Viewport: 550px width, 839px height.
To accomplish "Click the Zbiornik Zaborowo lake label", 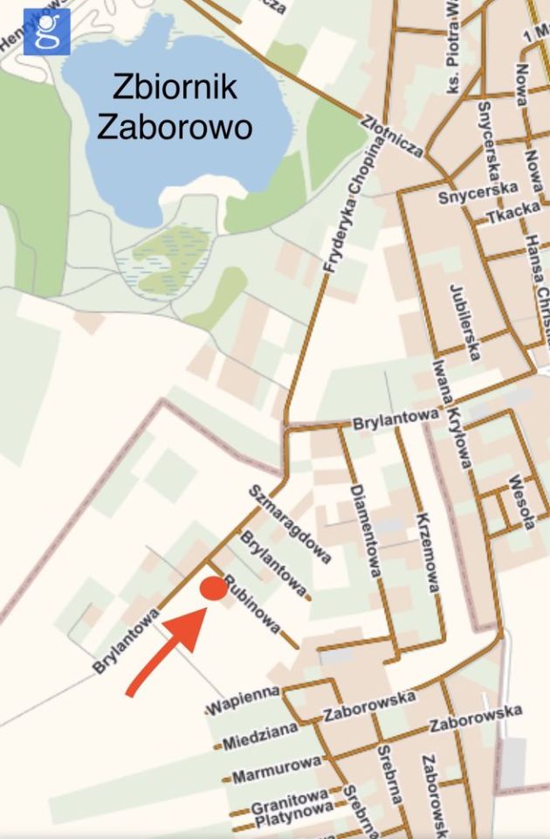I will tap(175, 107).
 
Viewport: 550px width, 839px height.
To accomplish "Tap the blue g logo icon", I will tap(46, 31).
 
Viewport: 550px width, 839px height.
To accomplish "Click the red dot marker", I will tap(213, 589).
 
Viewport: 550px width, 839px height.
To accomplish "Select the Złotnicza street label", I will tap(392, 135).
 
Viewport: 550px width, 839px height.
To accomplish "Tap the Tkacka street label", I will tap(501, 213).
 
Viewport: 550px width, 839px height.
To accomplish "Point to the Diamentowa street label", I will tap(365, 530).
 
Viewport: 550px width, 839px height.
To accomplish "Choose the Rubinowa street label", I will tap(252, 604).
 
